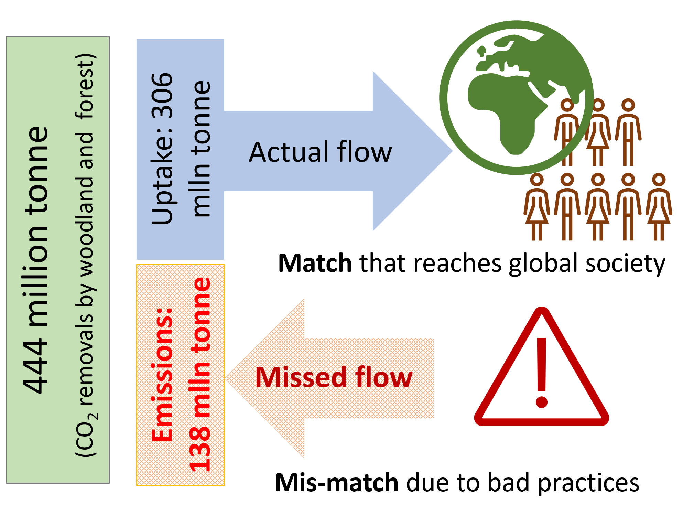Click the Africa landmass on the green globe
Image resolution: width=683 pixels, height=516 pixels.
(x=506, y=107)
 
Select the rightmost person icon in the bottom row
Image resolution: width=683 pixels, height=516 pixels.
(x=659, y=206)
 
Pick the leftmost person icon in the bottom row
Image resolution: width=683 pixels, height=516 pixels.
(x=537, y=206)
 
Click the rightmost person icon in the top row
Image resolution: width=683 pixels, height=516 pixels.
(x=628, y=132)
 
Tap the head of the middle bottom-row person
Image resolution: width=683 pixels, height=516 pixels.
(x=598, y=180)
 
